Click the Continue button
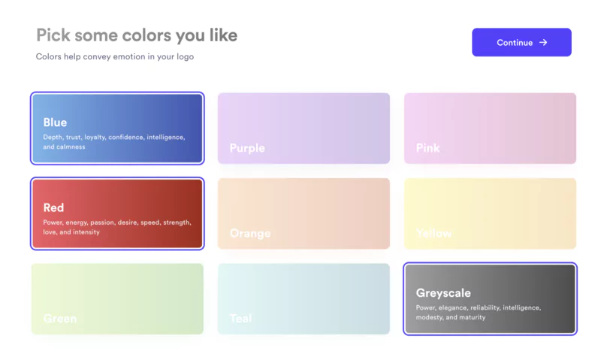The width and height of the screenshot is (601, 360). (521, 43)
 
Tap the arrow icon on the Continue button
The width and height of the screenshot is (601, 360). (543, 43)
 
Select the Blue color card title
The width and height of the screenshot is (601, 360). (55, 123)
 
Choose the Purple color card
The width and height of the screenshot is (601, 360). (304, 128)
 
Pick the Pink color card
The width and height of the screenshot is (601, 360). (490, 128)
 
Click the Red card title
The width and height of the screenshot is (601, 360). (53, 207)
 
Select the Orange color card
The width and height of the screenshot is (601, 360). (304, 213)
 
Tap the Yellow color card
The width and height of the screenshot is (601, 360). (490, 213)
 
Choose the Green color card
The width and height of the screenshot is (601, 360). (117, 298)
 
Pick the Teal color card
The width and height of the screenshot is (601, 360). (304, 298)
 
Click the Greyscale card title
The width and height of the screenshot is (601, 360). (444, 293)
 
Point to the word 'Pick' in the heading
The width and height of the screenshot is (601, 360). (53, 35)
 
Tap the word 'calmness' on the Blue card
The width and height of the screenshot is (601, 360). (70, 147)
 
